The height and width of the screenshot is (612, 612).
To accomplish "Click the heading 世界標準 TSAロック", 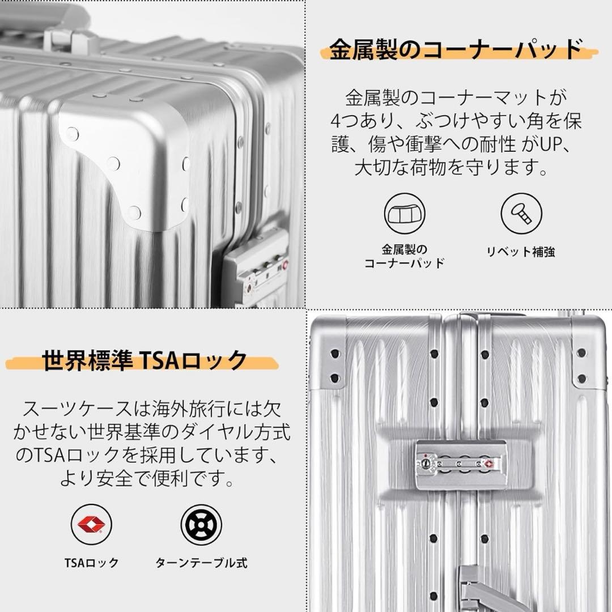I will coord(145,360).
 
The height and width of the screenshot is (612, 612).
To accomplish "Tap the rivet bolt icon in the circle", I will coord(521,214).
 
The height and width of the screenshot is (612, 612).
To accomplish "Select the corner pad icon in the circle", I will coord(405,214).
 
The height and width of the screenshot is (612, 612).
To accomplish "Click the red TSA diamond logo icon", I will coord(91,525).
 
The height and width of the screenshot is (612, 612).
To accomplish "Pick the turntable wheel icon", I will coord(201,525).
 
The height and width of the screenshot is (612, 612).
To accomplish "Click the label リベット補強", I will coord(521,252).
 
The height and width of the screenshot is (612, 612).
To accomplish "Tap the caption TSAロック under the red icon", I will coord(91,563).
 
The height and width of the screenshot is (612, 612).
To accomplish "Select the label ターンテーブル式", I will coord(201,563).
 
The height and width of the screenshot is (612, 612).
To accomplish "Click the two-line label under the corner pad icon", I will coord(404,256).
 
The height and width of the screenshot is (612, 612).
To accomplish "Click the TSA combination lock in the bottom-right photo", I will coord(461,464).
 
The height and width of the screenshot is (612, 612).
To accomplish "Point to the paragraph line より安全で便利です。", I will coord(147,481).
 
